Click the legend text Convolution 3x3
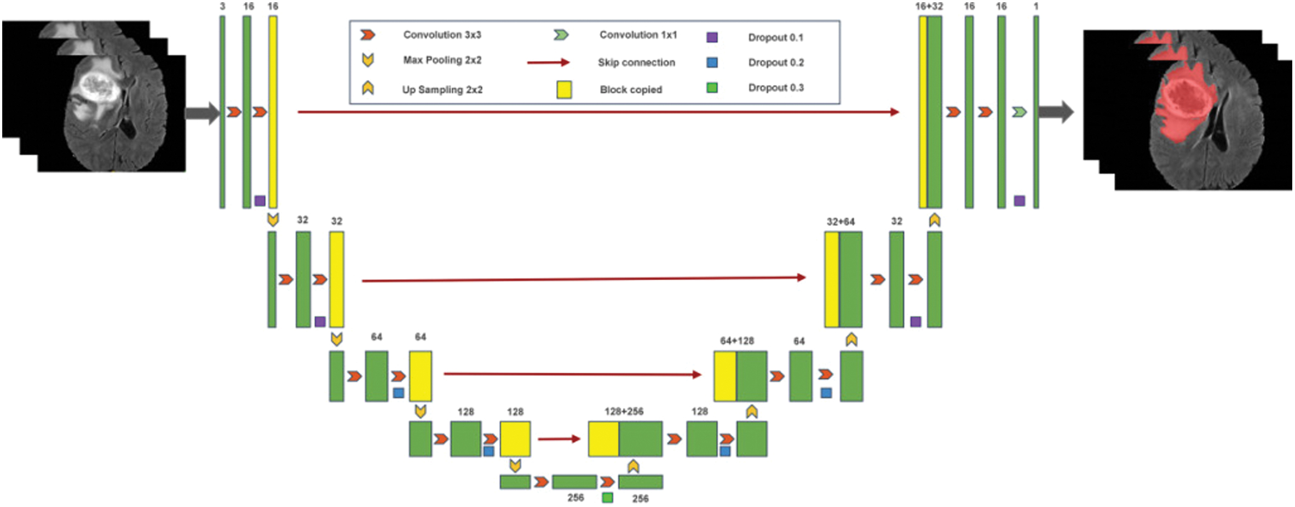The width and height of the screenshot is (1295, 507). pyautogui.click(x=442, y=35)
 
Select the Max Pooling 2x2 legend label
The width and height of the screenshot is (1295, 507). pyautogui.click(x=442, y=60)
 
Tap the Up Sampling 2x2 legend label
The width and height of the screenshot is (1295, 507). pyautogui.click(x=442, y=89)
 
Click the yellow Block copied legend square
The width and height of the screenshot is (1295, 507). pyautogui.click(x=564, y=89)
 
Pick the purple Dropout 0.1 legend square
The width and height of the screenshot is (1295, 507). pyautogui.click(x=712, y=37)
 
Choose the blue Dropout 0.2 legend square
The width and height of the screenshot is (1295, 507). pyautogui.click(x=712, y=62)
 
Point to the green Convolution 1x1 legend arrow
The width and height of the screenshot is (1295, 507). pyautogui.click(x=561, y=35)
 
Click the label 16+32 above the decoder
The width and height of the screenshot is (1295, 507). pyautogui.click(x=929, y=7)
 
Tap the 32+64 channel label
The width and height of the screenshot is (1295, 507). pyautogui.click(x=841, y=221)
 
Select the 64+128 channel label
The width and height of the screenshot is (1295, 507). pyautogui.click(x=737, y=340)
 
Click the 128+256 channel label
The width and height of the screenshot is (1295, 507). pyautogui.click(x=624, y=411)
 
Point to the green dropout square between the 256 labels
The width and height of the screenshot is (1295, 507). pyautogui.click(x=607, y=498)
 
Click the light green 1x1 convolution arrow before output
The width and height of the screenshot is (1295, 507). pyautogui.click(x=1019, y=112)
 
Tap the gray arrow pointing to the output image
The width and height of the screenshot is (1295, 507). pyautogui.click(x=1056, y=112)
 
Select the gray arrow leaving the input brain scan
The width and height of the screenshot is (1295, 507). pyautogui.click(x=202, y=113)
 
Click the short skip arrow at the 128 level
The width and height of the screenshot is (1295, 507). pyautogui.click(x=559, y=438)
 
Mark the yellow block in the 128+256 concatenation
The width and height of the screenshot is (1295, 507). pyautogui.click(x=603, y=438)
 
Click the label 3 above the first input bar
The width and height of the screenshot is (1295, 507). pyautogui.click(x=222, y=7)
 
